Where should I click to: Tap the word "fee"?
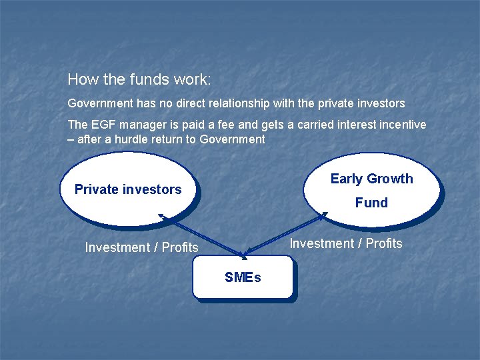(217, 125)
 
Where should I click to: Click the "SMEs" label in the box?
(243, 277)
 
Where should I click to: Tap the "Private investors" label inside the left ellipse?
(128, 189)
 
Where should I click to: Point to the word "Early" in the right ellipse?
(347, 179)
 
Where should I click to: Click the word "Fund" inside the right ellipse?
(371, 203)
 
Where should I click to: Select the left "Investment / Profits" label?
(141, 247)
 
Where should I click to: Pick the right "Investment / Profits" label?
(345, 243)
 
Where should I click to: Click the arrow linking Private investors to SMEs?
(200, 234)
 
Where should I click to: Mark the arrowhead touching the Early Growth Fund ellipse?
(324, 215)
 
